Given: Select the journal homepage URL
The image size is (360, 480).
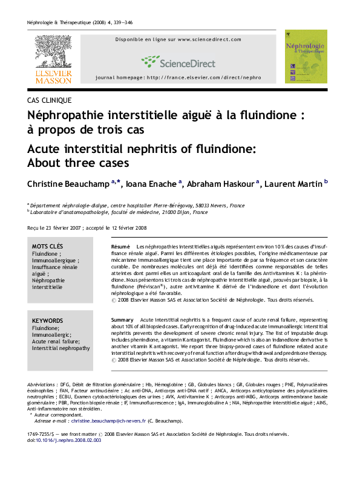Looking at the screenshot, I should [x=178, y=79].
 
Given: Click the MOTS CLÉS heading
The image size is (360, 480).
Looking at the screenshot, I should [x=47, y=247].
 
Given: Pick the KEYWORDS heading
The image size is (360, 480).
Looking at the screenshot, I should [x=47, y=320].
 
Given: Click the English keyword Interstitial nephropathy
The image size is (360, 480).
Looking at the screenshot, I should [x=61, y=348].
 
